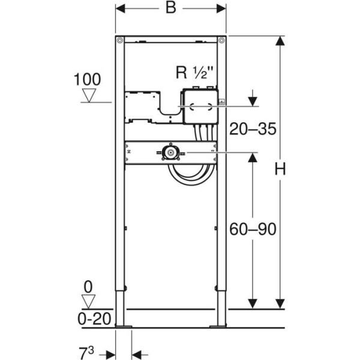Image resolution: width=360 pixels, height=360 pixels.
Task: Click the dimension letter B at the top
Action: click(170, 8)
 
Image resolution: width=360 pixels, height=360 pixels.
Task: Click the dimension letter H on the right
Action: click(280, 170)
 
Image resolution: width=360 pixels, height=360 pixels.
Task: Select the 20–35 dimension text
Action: click(253, 129)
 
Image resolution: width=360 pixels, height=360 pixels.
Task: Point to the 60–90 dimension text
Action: click(253, 229)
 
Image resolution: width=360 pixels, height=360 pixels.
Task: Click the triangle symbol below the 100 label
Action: click(89, 95)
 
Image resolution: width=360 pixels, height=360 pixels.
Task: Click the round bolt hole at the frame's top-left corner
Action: click(120, 40)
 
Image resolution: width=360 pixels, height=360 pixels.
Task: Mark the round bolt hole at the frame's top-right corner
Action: click(221, 40)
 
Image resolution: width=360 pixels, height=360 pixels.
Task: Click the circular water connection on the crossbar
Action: click(172, 154)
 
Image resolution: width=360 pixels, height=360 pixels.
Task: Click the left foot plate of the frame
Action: click(124, 326)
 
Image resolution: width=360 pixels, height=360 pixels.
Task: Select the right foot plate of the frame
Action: click(218, 326)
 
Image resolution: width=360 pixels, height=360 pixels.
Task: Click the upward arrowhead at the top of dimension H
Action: click(280, 41)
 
